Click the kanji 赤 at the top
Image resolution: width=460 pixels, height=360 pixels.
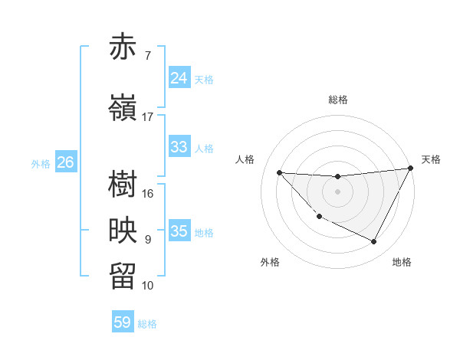pos(123,47)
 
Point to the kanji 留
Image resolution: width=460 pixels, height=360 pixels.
pos(123,277)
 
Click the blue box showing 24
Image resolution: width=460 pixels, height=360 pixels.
pos(179,78)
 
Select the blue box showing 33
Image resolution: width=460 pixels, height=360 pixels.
pos(179,147)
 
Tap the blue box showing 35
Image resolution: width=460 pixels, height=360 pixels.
pos(179,231)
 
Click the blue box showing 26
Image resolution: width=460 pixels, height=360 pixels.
pos(65,162)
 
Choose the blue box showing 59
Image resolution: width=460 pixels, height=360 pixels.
pos(123,322)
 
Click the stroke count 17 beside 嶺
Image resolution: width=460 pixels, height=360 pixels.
pos(148,117)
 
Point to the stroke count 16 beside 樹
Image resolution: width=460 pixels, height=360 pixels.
pos(148,194)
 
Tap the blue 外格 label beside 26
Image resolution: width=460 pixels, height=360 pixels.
pos(41,163)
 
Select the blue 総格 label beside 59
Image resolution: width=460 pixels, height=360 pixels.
pos(148,324)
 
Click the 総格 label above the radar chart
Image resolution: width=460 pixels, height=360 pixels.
pos(337,100)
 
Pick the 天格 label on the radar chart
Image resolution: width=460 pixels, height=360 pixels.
pos(431,159)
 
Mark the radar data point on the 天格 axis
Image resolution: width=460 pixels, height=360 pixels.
pos(411,169)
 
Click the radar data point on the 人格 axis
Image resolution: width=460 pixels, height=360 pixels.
pos(279,172)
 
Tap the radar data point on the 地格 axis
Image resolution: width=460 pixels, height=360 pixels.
pos(374,242)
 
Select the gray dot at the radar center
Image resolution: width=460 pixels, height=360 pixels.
pos(337,191)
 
